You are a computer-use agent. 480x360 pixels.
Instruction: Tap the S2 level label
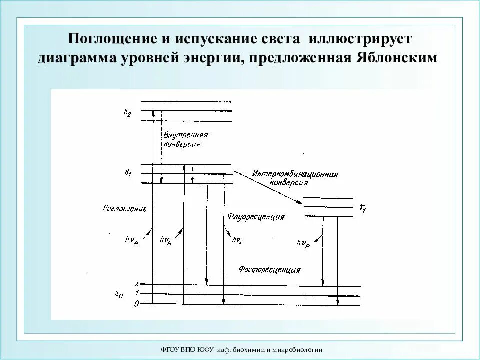point(128,112)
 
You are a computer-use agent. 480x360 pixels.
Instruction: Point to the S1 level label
point(128,172)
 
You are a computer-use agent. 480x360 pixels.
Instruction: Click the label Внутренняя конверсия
point(185,139)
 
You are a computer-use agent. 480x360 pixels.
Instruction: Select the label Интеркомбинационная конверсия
point(295,178)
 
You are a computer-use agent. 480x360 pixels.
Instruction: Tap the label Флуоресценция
point(256,217)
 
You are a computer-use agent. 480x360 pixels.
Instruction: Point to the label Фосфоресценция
point(269,270)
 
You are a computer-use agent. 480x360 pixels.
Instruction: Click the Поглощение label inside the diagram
point(124,208)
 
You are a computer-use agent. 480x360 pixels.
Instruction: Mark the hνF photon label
point(237,240)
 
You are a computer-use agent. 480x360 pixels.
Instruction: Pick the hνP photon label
point(303,243)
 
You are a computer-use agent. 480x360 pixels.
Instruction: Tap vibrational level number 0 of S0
point(136,304)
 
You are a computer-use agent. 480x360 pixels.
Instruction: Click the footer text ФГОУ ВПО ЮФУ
point(187,349)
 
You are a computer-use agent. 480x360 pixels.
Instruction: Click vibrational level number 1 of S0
point(136,294)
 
